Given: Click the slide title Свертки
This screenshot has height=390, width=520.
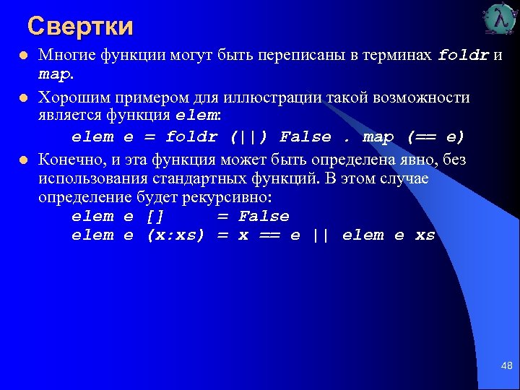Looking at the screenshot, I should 80,27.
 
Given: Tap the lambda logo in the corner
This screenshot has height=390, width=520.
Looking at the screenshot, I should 500,19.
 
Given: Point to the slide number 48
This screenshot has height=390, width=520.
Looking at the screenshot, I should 506,367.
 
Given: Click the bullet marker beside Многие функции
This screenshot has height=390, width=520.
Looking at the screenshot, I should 23,56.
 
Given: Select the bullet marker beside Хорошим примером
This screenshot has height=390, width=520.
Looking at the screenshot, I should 23,97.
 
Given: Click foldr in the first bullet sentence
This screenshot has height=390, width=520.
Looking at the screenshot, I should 464,55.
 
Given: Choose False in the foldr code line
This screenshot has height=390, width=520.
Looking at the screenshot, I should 305,137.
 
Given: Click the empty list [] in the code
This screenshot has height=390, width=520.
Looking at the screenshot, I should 155,217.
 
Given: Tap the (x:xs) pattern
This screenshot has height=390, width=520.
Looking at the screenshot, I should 175,235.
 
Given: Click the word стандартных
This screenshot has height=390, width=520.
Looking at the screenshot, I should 224,178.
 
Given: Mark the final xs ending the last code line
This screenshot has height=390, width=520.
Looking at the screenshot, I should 425,235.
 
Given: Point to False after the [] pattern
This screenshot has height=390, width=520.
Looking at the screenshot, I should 264,217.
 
